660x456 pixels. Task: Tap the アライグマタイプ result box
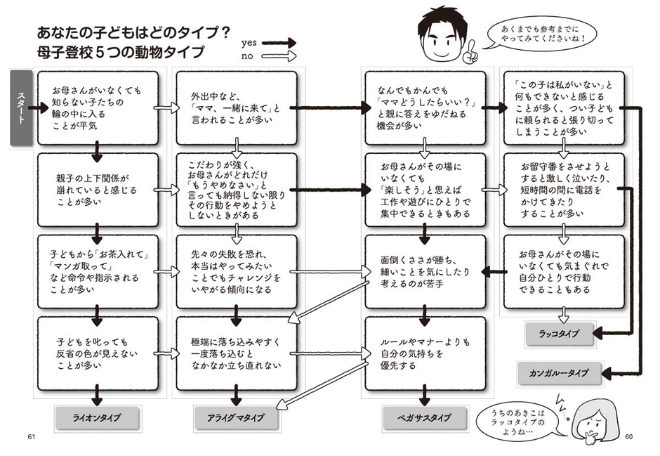(x=235, y=417)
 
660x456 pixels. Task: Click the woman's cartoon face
(x=590, y=422)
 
